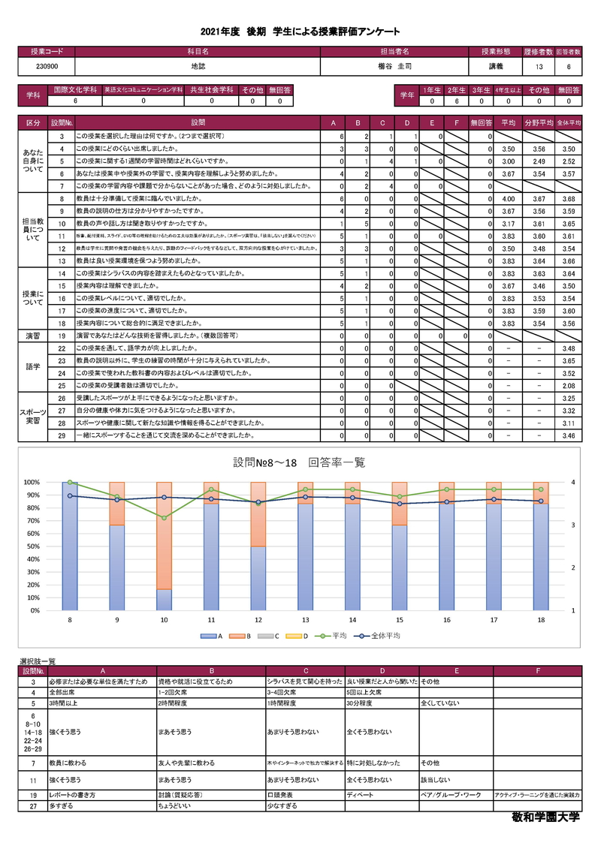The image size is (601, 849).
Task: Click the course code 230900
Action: (46, 67)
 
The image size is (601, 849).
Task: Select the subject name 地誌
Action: (197, 67)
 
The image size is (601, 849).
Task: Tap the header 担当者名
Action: (394, 52)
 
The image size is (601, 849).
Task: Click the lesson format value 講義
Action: (496, 67)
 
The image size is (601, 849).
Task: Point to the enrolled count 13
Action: (539, 67)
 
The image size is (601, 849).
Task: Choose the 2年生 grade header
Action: (456, 90)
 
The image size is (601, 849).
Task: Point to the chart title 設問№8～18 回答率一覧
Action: (300, 463)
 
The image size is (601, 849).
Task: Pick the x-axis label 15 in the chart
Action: (400, 620)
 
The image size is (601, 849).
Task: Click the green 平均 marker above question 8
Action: (70, 482)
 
